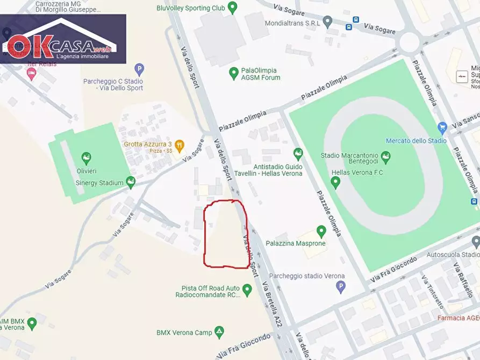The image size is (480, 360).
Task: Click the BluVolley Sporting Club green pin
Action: click(x=232, y=8)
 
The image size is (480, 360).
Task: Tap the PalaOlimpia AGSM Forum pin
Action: click(x=233, y=73)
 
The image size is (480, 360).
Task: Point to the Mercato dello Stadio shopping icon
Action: click(x=442, y=128)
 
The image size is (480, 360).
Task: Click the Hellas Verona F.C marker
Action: click(x=336, y=183)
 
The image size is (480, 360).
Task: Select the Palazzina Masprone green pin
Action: click(x=321, y=232)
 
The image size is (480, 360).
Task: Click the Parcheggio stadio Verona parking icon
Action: click(x=340, y=287)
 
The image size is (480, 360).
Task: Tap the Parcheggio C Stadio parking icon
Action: click(x=139, y=69)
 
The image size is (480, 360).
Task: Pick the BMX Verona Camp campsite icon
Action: click(x=219, y=332)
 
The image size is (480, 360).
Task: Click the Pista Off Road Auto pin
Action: click(x=247, y=290)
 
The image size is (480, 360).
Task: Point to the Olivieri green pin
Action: click(x=85, y=158)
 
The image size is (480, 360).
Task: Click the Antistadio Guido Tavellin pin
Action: click(x=298, y=154)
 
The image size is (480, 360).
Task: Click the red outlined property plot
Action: click(x=226, y=234)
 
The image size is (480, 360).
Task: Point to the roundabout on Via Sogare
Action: click(x=410, y=42)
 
